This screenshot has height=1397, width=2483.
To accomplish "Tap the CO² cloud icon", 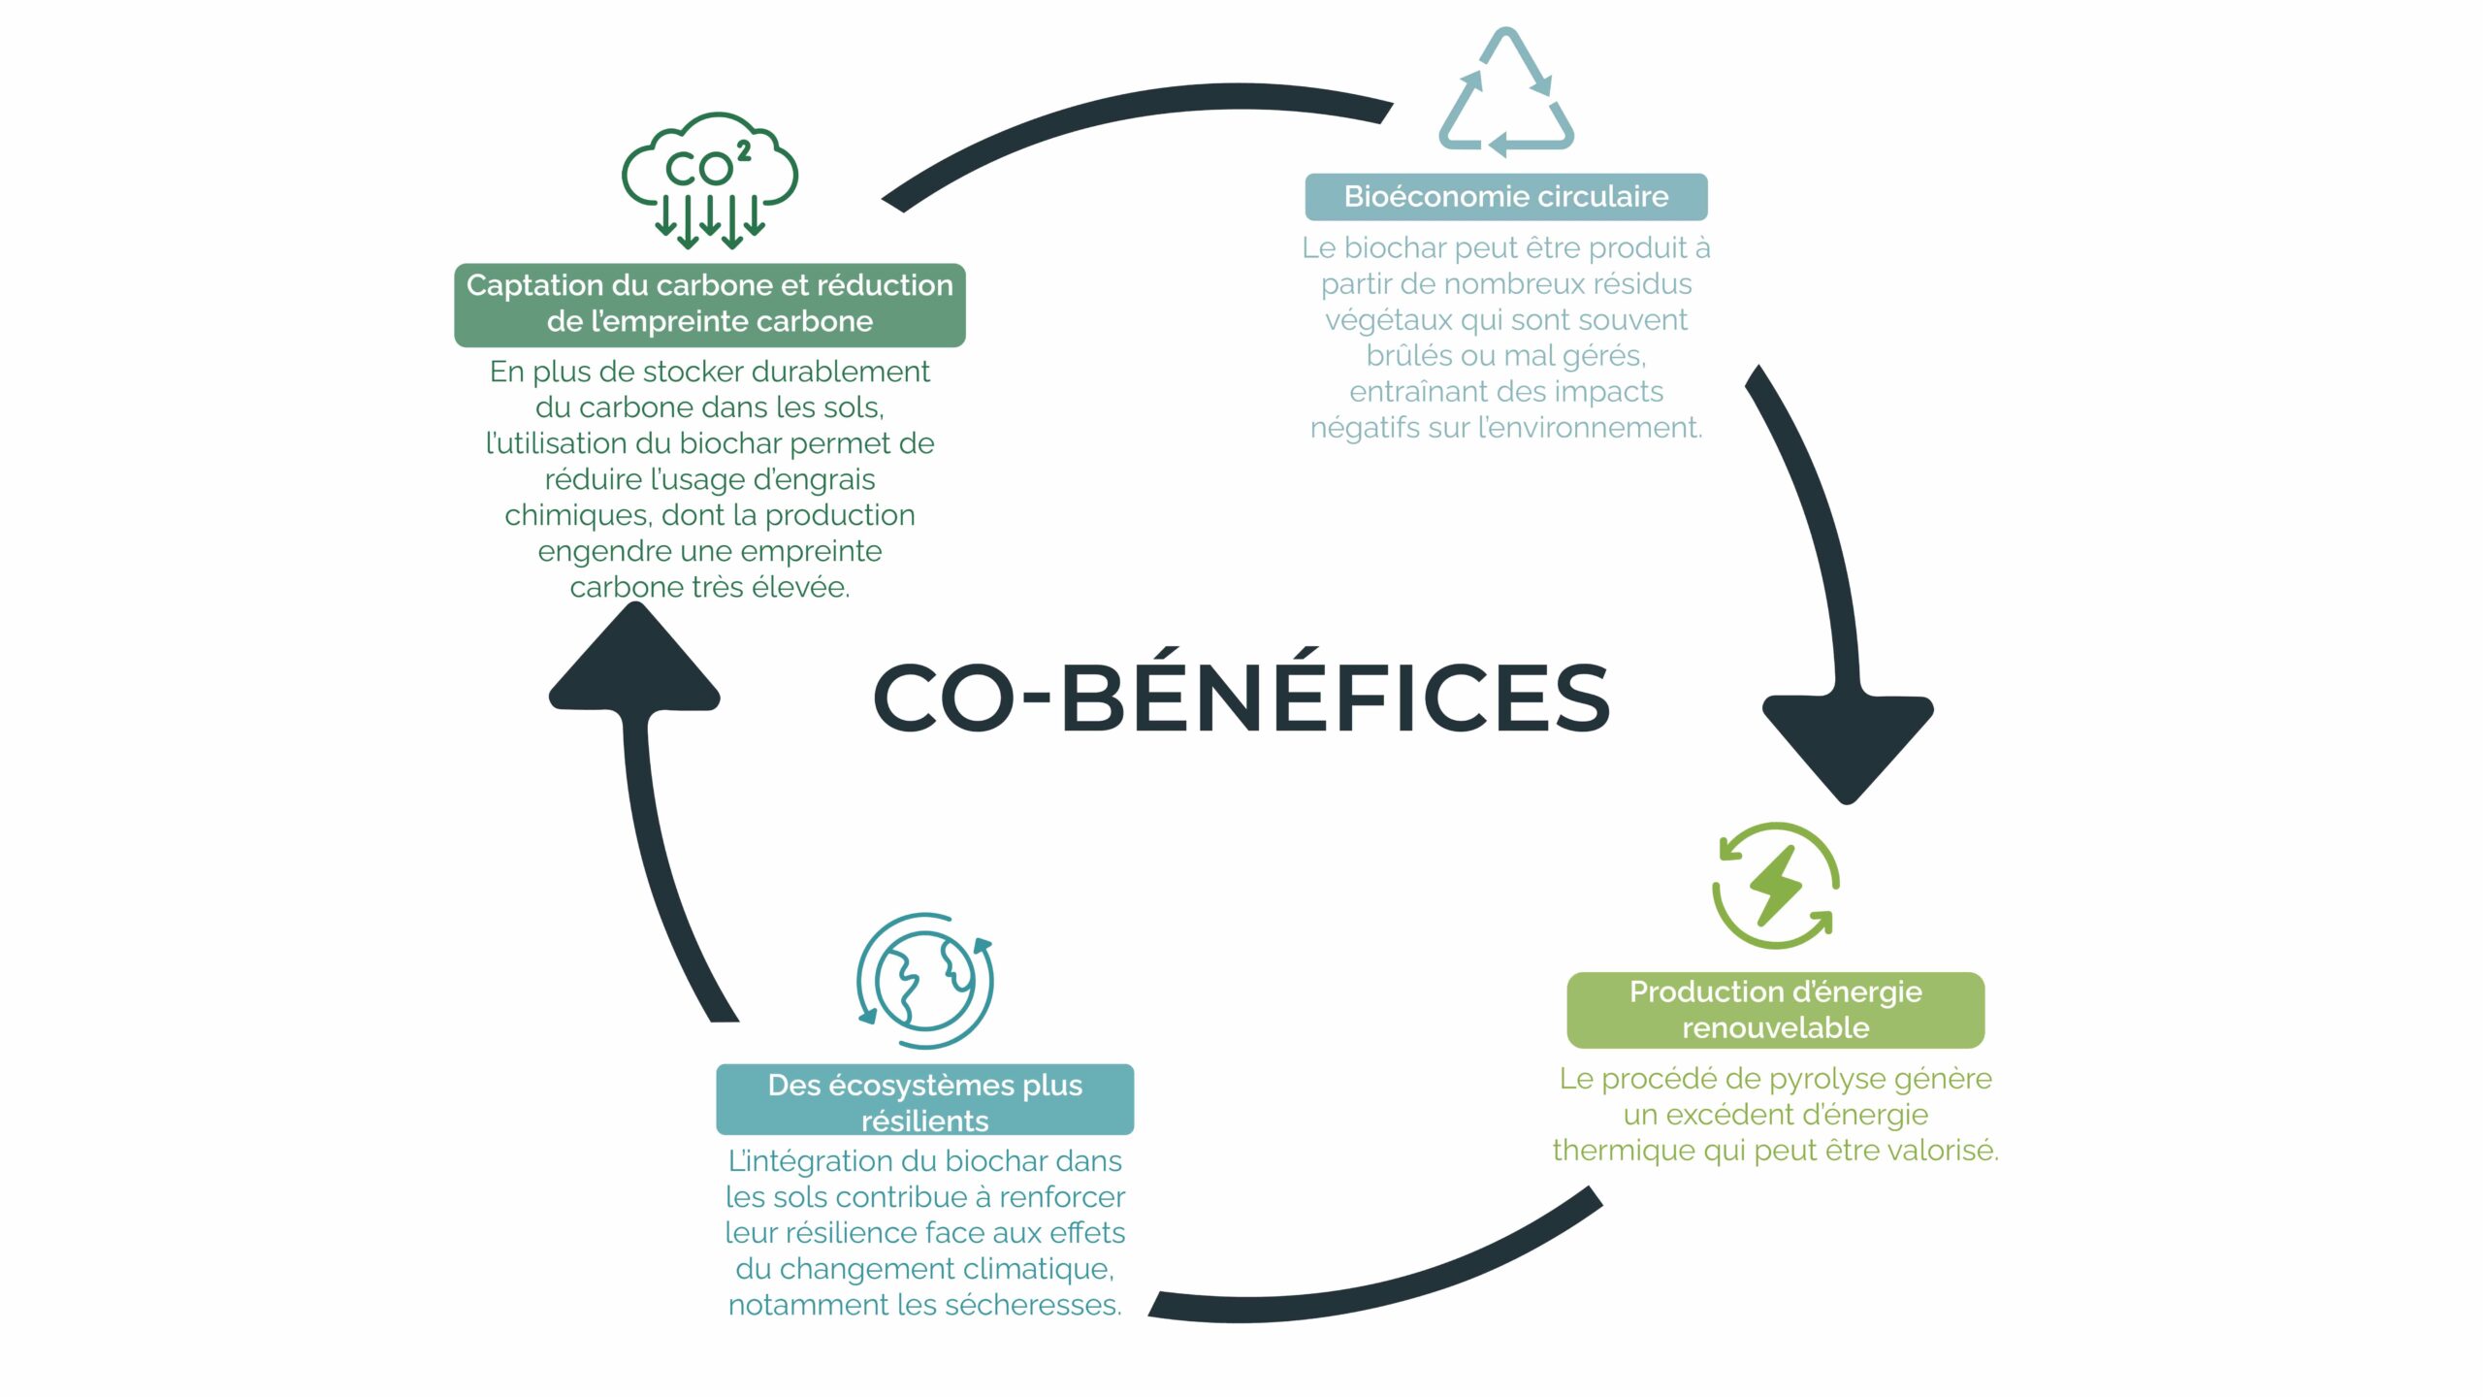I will click(709, 179).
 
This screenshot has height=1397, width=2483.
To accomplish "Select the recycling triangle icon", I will click(1505, 94).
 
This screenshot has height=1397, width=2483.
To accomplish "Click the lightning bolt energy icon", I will click(1775, 886).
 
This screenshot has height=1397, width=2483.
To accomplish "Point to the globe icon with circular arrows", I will click(924, 981).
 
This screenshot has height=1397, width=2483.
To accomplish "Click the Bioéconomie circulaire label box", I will click(1505, 197).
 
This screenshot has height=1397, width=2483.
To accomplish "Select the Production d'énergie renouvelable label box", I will click(1775, 1009).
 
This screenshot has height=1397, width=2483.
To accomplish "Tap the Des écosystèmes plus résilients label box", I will click(924, 1099).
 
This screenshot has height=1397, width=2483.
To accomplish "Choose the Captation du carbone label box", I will click(709, 304).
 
